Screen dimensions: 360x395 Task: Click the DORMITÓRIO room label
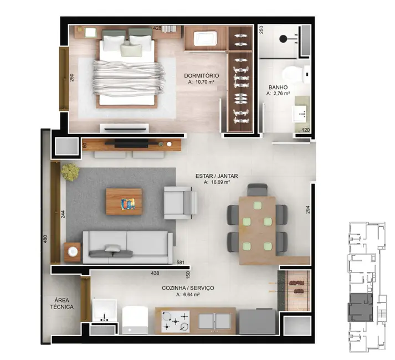(x=201, y=75)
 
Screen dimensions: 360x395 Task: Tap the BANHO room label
(x=278, y=88)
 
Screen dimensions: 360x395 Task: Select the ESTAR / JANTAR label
(x=213, y=177)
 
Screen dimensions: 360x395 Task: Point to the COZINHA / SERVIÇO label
(x=188, y=288)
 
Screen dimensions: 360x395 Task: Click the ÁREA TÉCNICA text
(x=61, y=302)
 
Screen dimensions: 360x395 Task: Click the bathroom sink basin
(x=301, y=114)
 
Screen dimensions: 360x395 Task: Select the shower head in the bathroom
(x=283, y=39)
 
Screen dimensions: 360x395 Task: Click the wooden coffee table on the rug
(x=124, y=202)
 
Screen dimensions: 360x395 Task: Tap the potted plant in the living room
(x=70, y=172)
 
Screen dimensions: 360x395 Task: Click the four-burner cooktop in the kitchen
(x=175, y=321)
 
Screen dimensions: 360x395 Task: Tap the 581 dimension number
(x=180, y=263)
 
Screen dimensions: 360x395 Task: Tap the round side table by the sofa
(x=73, y=253)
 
